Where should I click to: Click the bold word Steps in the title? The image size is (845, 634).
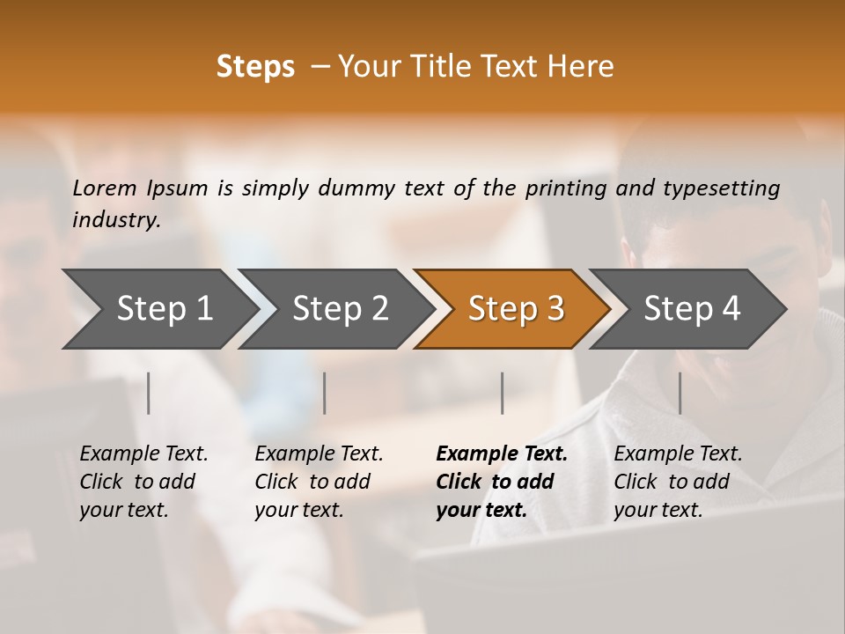tap(255, 67)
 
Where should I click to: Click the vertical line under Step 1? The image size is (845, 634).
tap(149, 393)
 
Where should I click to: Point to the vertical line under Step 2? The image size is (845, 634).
tap(325, 393)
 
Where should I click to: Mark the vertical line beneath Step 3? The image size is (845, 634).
tap(502, 393)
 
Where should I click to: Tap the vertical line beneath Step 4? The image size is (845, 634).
tap(680, 393)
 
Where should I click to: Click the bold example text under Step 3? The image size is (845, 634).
tap(502, 482)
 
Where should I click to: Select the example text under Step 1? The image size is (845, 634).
tap(143, 482)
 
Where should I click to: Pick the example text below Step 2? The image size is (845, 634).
tap(319, 482)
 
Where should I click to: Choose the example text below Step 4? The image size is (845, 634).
tap(678, 482)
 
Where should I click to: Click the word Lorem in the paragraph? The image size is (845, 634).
tap(105, 188)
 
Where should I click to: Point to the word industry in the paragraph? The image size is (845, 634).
tap(116, 220)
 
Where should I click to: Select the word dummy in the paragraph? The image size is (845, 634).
tap(355, 188)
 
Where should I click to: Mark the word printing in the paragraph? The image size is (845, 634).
tap(566, 188)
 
